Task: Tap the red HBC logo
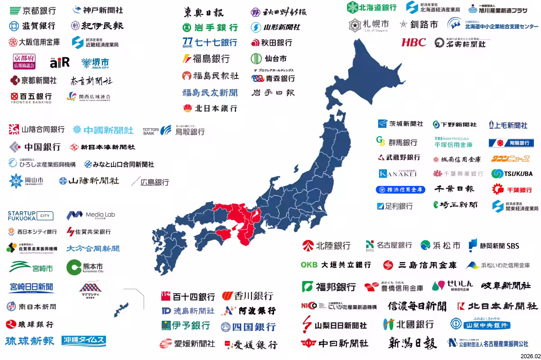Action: point(413,42)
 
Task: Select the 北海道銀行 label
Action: point(372,7)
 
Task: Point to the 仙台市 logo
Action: point(269,59)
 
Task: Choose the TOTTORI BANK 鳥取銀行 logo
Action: point(174,131)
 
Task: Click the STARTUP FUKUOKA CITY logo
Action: point(31,216)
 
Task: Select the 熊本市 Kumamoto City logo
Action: point(85,268)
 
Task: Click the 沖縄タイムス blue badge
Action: point(84,341)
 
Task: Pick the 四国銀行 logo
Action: point(248,327)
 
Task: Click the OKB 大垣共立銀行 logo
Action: point(336,265)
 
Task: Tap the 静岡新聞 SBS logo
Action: point(494,245)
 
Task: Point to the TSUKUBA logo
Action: point(512,174)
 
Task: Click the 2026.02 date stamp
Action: point(530,356)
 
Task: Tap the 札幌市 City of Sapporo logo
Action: point(369,25)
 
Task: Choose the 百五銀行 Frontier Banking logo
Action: point(31,97)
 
